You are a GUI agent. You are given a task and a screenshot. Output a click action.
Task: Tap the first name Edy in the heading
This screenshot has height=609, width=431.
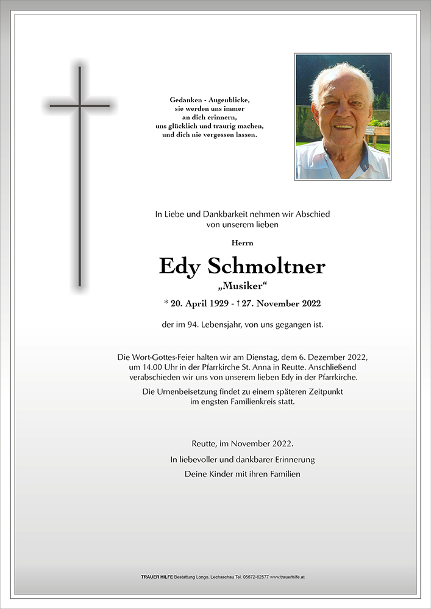(180, 267)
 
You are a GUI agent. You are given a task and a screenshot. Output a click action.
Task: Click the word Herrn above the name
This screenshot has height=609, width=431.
(243, 242)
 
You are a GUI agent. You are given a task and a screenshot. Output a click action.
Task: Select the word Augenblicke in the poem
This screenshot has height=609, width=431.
(230, 99)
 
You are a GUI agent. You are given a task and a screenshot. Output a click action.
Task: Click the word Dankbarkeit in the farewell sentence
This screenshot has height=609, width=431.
(210, 214)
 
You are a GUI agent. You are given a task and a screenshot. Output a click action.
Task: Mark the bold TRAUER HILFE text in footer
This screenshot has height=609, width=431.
(157, 576)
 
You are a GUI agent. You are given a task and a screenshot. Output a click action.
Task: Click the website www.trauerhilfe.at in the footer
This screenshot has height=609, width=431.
(287, 576)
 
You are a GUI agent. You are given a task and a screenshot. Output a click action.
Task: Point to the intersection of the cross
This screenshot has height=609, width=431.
(79, 106)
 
